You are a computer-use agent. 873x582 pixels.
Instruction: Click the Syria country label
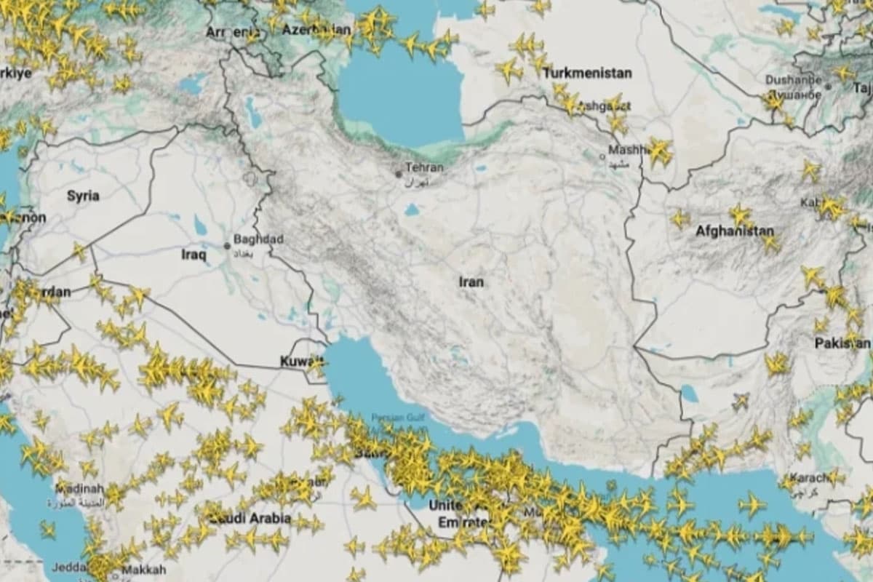tap(83, 196)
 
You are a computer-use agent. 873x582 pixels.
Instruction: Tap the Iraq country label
tap(194, 255)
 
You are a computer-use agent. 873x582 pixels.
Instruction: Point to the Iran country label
tap(471, 282)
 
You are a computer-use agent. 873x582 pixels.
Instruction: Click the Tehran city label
tap(424, 167)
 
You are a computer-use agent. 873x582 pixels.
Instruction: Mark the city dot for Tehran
tap(398, 174)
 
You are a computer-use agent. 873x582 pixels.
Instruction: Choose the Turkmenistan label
tap(587, 73)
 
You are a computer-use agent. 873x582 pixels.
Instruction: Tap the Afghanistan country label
tap(735, 231)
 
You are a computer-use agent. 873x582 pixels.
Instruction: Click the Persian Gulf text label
tap(396, 418)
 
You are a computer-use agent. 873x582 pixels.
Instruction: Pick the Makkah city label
tap(143, 570)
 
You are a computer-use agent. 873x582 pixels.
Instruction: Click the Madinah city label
tap(80, 489)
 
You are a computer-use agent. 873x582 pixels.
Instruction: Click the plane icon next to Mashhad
tap(660, 151)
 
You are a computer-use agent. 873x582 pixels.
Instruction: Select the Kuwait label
tap(301, 362)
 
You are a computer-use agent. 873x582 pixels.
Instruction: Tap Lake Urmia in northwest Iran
tap(252, 113)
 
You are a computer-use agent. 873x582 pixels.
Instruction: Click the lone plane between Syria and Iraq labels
tap(79, 252)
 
